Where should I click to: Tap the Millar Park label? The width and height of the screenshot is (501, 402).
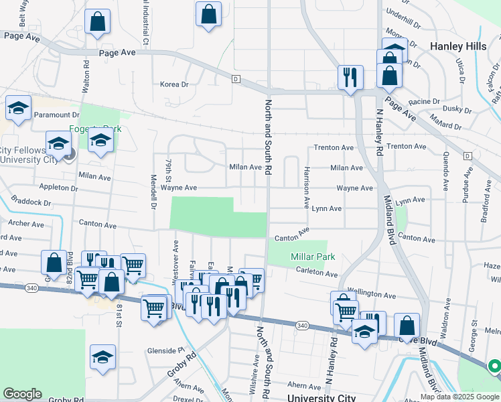point(313,257)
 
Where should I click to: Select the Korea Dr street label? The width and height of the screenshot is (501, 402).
point(175,84)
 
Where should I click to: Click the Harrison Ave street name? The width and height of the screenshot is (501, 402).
point(307,186)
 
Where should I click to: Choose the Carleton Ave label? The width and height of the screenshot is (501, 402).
point(317,273)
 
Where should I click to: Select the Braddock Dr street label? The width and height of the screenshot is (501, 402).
point(30,202)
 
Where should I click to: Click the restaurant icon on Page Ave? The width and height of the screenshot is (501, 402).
point(350,79)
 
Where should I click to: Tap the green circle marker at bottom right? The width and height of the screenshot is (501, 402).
point(494,366)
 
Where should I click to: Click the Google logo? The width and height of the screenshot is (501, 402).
point(22,394)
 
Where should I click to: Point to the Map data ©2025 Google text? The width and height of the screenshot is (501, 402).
point(459,397)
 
